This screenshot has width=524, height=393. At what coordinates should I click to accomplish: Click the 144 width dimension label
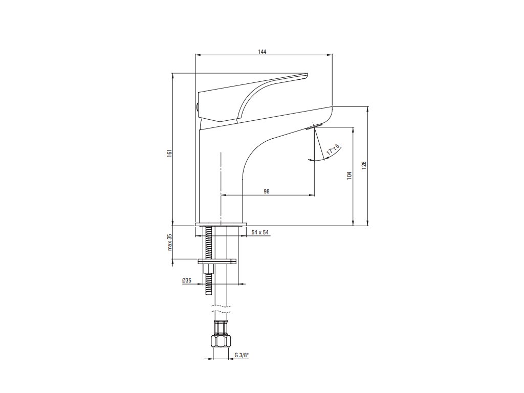click(x=263, y=52)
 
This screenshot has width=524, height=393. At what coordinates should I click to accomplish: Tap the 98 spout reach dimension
click(x=267, y=191)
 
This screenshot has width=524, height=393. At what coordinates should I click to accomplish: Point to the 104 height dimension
click(x=348, y=175)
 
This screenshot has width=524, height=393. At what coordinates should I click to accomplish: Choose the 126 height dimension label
click(x=364, y=165)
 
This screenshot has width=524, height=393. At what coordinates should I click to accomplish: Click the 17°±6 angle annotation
click(x=332, y=150)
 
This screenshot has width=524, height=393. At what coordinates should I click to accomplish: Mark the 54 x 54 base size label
click(x=260, y=232)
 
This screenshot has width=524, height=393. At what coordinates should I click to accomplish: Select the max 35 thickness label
click(x=168, y=243)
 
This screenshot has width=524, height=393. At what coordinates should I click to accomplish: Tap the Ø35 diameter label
click(x=186, y=281)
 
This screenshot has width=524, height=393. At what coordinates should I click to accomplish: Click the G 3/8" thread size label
click(x=242, y=355)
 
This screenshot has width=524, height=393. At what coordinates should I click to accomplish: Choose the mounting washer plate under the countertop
click(x=217, y=261)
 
